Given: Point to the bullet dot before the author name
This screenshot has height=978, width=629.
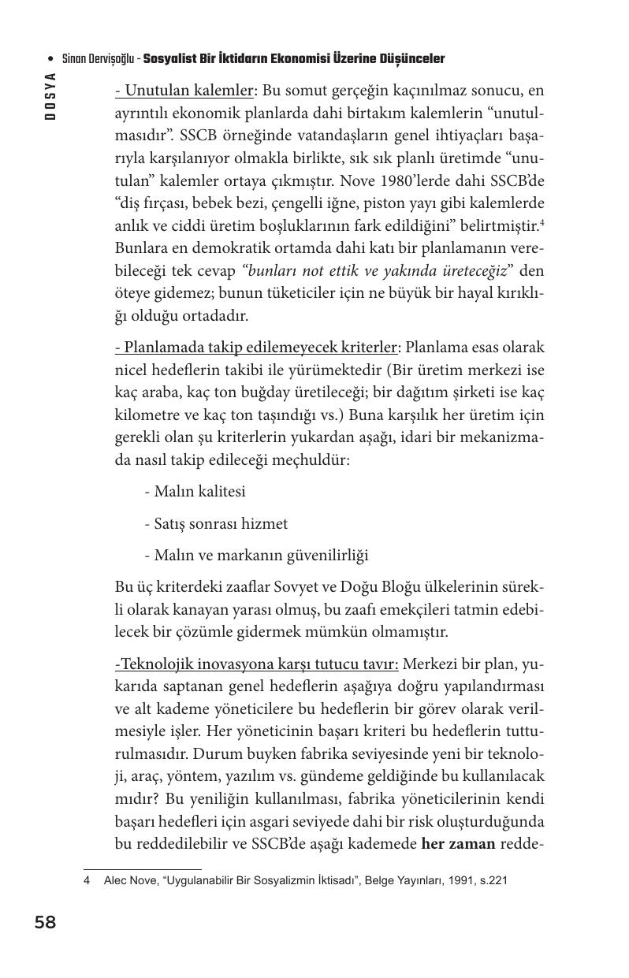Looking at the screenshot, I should (x=51, y=60).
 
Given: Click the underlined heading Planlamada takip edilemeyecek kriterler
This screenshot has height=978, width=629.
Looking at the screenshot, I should (x=258, y=348).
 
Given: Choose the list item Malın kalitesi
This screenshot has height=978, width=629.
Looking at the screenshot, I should (x=195, y=492).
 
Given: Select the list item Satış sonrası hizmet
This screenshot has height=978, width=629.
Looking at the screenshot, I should (x=216, y=523).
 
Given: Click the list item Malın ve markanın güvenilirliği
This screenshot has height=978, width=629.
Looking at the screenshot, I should (x=256, y=556).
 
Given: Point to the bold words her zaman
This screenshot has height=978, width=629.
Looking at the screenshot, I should (x=459, y=844).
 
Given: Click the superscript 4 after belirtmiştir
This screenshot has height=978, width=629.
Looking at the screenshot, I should (x=542, y=222).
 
